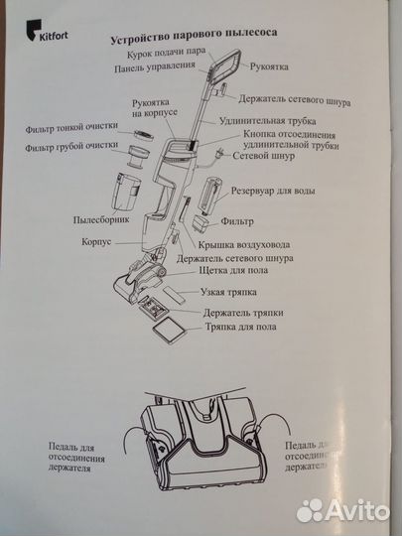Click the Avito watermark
click(x=340, y=509)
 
